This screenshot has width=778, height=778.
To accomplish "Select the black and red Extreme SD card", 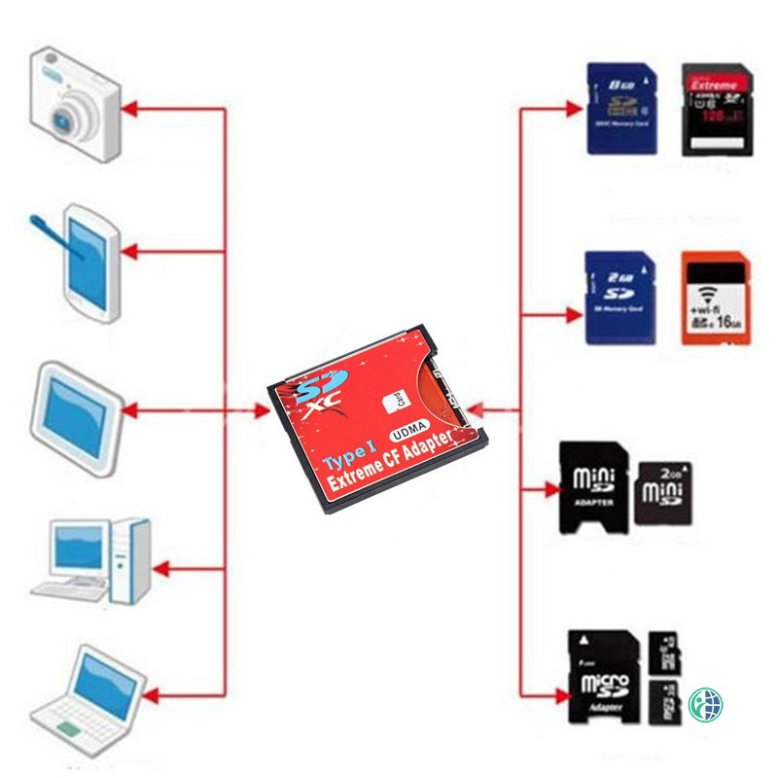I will pyautogui.click(x=718, y=110).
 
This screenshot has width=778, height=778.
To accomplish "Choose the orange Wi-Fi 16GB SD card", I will pyautogui.click(x=716, y=298).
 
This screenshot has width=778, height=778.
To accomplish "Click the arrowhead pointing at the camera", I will pyautogui.click(x=131, y=108).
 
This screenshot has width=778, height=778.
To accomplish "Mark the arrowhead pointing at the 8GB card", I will pyautogui.click(x=574, y=109).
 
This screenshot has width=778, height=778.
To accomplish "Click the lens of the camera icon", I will pyautogui.click(x=66, y=119).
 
